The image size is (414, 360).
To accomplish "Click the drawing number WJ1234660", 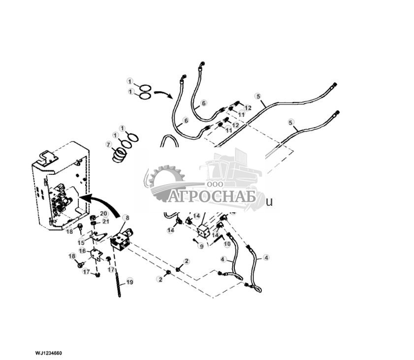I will coord(48,353).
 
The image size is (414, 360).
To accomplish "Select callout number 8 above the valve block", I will coord(126,217).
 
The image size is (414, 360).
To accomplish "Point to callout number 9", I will coord(201,246).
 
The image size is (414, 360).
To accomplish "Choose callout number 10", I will coord(227,244).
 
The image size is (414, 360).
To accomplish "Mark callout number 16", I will coord(82,251).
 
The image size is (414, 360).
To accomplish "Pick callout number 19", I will coord(129,282).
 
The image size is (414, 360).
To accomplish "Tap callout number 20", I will coord(104,213).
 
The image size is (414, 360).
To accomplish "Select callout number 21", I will coord(105,221).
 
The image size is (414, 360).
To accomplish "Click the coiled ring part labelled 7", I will coord(119,155).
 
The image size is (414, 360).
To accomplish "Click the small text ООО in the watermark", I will coord(213,183).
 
